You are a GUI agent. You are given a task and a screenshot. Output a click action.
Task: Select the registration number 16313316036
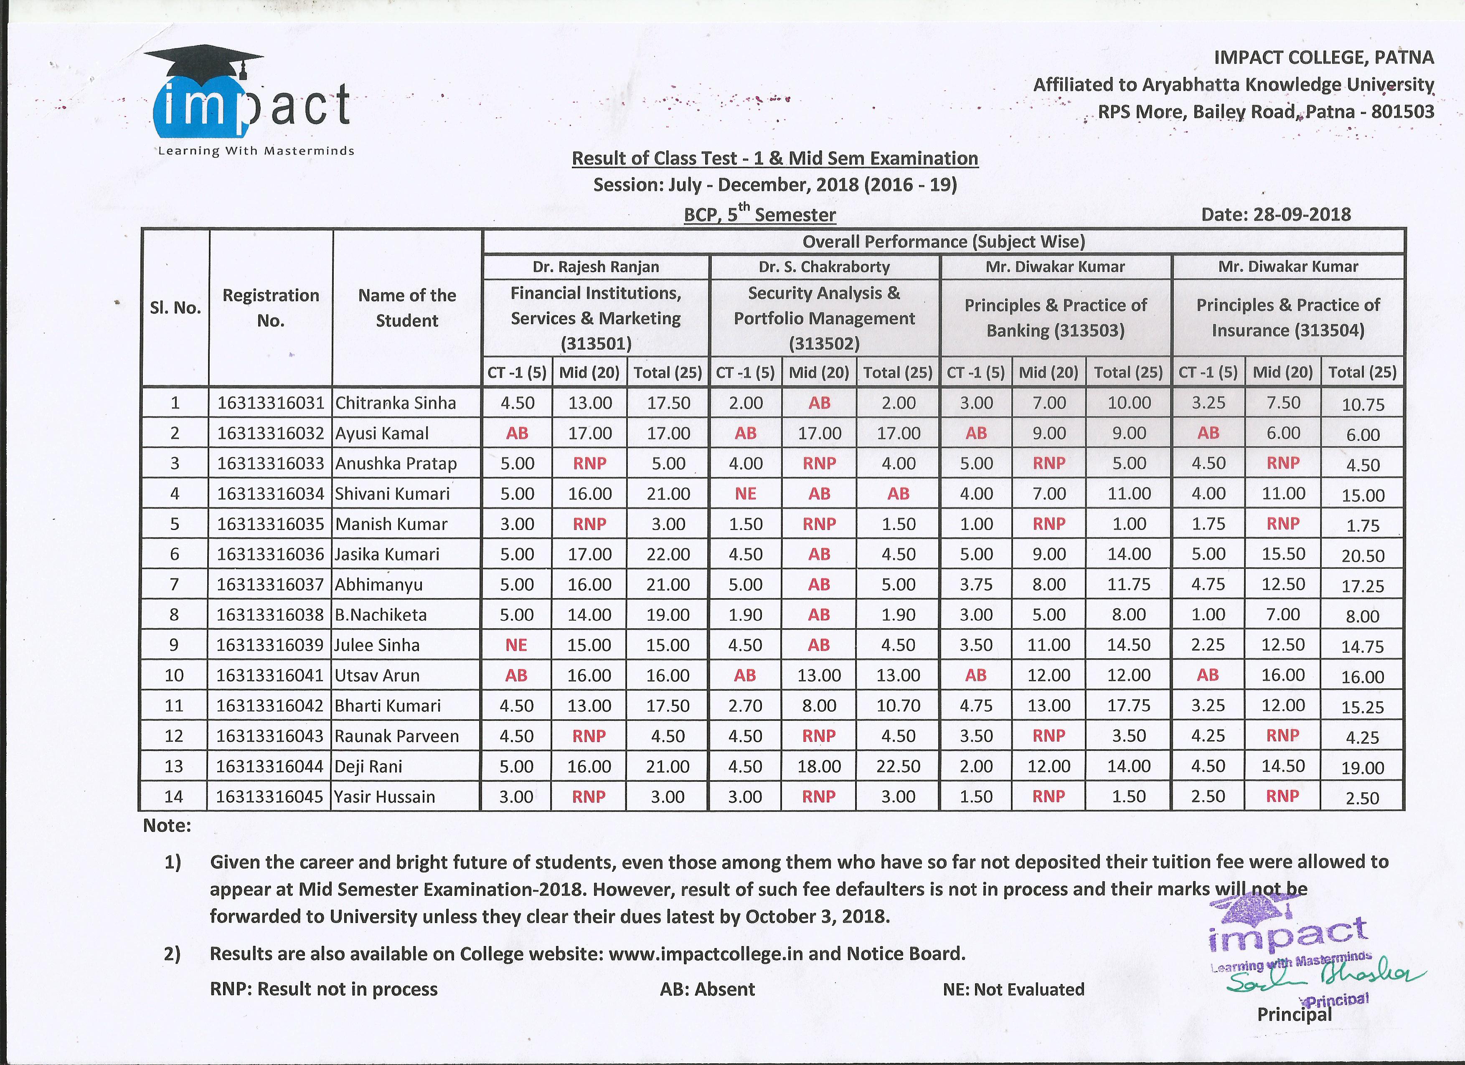[270, 554]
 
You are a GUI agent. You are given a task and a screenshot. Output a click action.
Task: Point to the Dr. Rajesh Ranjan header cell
[596, 267]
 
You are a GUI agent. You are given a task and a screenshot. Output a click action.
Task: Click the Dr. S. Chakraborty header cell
[824, 267]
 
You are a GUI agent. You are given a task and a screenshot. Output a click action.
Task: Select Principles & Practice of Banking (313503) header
[1056, 318]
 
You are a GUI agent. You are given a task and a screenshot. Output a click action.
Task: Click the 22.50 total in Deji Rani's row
[898, 767]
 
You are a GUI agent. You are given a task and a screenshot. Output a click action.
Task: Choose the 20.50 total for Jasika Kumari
[1362, 556]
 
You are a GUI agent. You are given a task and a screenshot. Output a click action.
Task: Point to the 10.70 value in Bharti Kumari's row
[898, 706]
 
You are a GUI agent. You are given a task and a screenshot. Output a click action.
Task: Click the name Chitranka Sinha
[395, 403]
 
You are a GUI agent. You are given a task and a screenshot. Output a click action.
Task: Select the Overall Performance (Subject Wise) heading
[943, 241]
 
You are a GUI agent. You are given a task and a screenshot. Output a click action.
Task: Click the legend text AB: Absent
[707, 989]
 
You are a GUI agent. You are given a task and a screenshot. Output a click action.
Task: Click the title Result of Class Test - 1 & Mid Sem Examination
[774, 158]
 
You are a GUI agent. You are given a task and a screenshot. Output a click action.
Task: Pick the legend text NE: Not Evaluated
[1013, 989]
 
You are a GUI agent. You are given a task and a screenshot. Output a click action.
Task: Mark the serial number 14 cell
[174, 797]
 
